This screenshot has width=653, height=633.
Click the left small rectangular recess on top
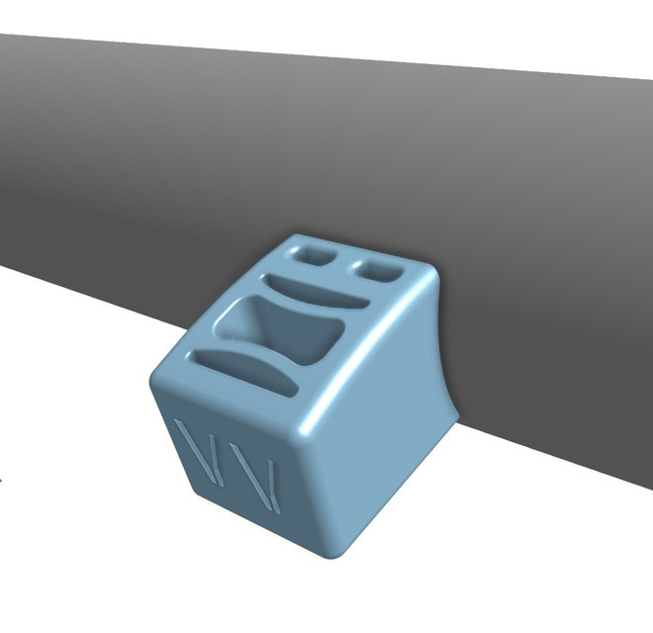click(x=315, y=254)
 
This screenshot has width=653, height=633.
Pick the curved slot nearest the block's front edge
click(x=243, y=371)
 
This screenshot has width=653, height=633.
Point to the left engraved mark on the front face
click(x=203, y=454)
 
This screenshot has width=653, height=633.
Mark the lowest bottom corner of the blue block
click(x=330, y=554)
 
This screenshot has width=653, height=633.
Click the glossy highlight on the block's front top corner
click(x=302, y=425)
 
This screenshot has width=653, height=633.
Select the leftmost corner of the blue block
click(x=154, y=381)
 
